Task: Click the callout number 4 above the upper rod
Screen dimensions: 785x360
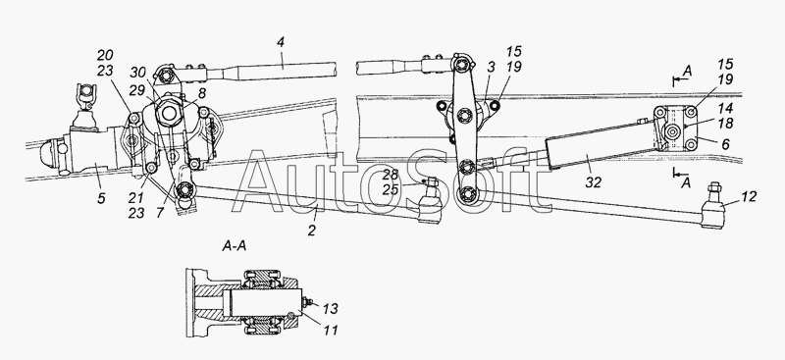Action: coord(281,42)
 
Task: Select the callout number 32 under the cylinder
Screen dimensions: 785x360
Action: coord(594,182)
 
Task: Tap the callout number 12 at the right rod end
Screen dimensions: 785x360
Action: coord(749,197)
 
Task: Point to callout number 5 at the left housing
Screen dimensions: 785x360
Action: coord(101,198)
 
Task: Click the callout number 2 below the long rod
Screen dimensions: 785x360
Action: coord(312,231)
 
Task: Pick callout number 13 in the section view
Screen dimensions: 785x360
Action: coord(331,309)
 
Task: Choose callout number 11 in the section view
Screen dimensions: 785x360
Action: coord(331,330)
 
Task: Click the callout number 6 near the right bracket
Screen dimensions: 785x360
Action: coord(725,144)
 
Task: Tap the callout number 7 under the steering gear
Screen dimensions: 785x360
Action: coord(160,213)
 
